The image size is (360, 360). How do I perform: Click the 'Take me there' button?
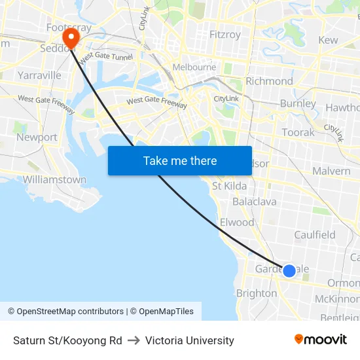(180, 160)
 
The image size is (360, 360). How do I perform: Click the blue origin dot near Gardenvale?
(289, 270)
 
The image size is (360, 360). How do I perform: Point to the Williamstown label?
(54, 179)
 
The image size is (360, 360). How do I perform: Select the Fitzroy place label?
(225, 35)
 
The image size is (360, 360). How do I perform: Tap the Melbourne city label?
(194, 67)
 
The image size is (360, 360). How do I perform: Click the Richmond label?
(269, 81)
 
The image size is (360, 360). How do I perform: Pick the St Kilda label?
(229, 186)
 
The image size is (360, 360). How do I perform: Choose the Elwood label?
(236, 223)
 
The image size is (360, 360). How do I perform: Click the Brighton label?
(256, 294)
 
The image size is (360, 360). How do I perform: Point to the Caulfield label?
(314, 235)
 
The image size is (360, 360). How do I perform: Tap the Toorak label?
(298, 132)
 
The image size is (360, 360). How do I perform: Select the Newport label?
(37, 137)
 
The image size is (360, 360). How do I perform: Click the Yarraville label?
(39, 75)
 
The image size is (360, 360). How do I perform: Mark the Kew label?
(328, 40)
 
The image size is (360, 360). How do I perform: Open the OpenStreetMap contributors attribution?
(65, 312)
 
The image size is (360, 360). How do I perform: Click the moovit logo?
(321, 340)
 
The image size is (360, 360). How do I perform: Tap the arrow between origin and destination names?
(134, 340)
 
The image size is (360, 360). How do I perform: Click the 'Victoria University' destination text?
(189, 340)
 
